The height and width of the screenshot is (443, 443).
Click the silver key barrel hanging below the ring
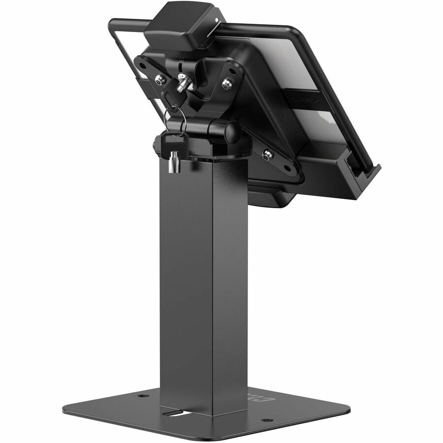pyautogui.click(x=172, y=162)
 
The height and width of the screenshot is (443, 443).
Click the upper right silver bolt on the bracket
pyautogui.click(x=226, y=85)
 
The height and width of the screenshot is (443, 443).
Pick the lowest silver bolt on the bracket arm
pyautogui.click(x=268, y=155)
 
